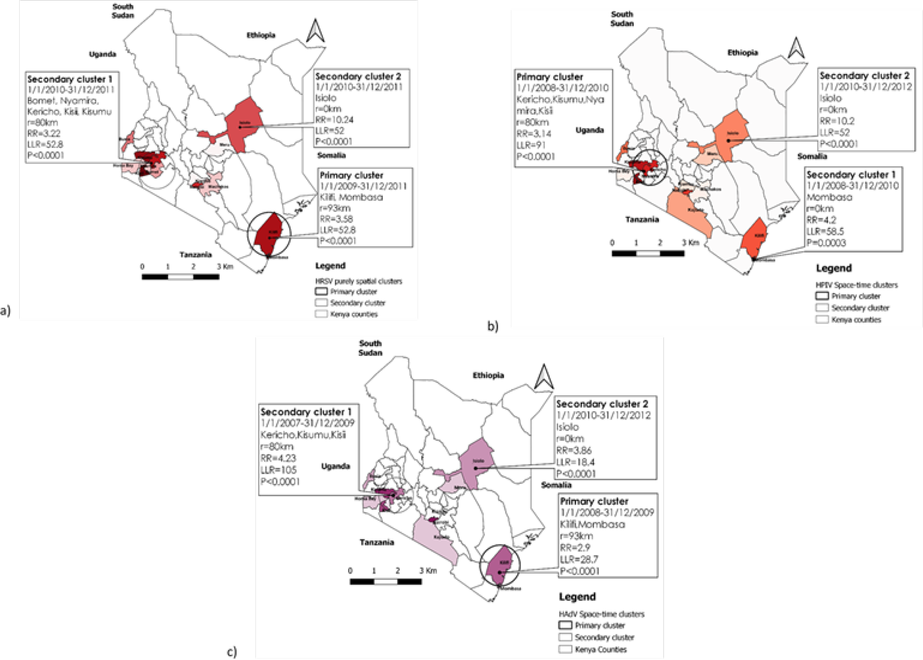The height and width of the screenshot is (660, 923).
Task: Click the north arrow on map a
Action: point(315,31)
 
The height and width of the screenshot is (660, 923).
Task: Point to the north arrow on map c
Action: point(544,377)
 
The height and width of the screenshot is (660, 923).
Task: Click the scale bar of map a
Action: point(180,277)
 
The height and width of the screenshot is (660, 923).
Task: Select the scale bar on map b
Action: point(648,253)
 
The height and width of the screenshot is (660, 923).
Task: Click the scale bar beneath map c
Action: point(386,581)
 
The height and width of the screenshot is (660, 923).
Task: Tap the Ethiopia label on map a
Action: point(261,35)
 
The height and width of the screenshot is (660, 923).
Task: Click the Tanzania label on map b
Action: point(642,220)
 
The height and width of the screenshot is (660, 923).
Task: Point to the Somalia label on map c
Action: point(556,485)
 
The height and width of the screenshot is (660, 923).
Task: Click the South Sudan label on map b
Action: point(622,19)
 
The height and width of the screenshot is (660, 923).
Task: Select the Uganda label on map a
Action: point(102,54)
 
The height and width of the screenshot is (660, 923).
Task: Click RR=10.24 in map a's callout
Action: point(334,120)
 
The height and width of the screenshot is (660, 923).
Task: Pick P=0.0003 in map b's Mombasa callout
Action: point(826,243)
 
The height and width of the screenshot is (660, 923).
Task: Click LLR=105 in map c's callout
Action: point(278,470)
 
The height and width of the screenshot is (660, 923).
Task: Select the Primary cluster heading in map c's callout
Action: point(594,501)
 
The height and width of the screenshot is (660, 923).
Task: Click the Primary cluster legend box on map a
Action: point(321,291)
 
